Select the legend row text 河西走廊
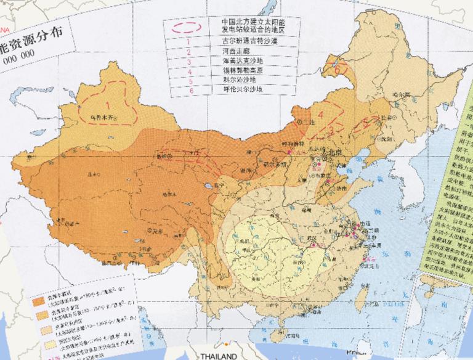[x=236, y=52]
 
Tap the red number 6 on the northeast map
[x=338, y=68]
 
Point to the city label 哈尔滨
[x=401, y=95]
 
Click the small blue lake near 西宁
[x=209, y=185]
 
